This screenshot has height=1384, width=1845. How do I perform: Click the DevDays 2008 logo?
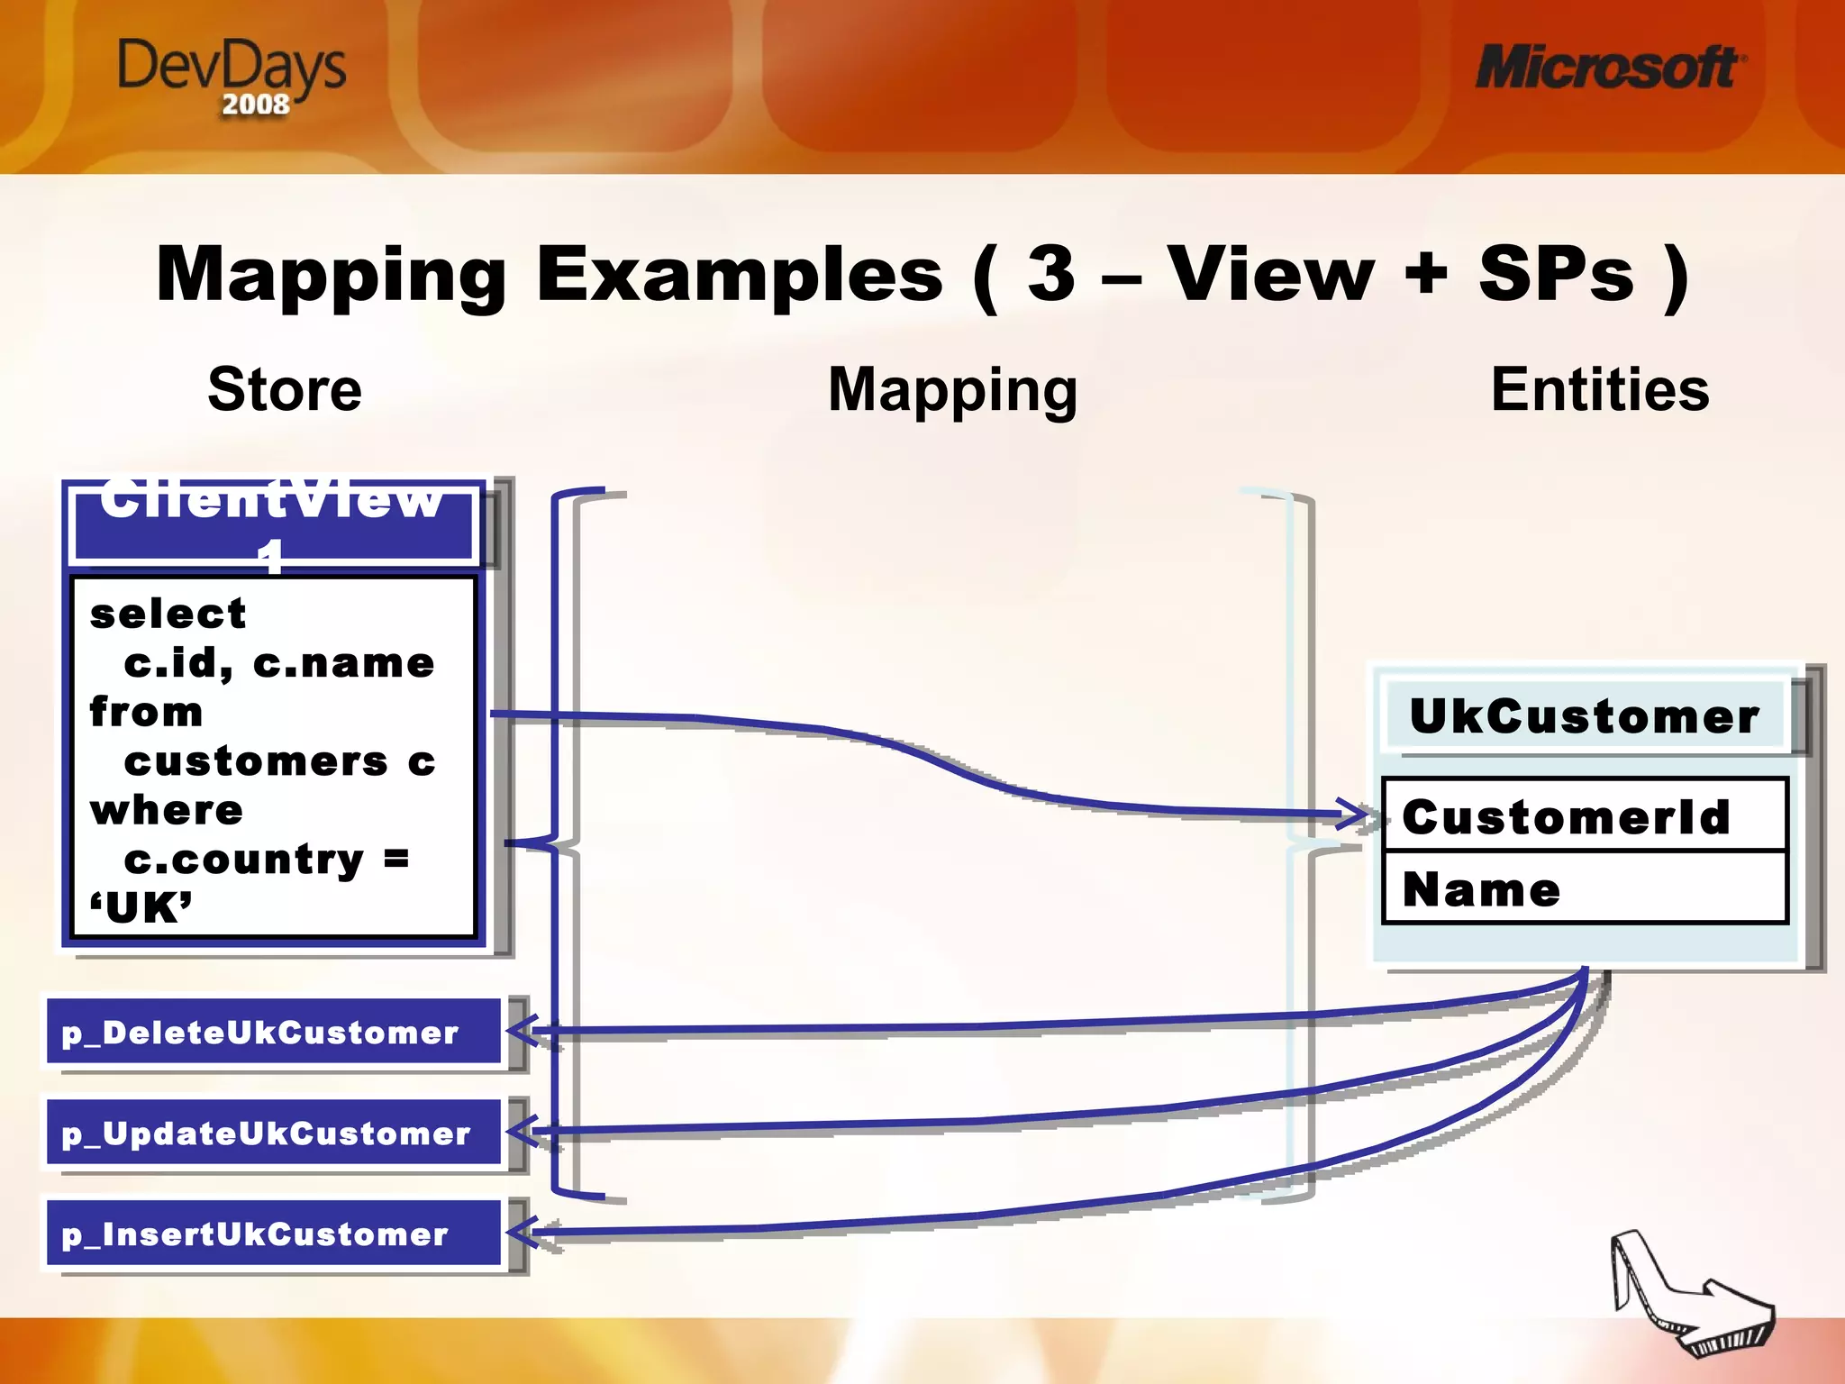coord(232,76)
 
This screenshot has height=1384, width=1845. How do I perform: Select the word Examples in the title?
coord(739,274)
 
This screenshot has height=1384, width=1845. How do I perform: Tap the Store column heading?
coord(285,389)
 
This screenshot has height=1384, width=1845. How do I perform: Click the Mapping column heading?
coord(952,389)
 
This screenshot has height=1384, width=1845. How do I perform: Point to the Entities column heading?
coord(1600,389)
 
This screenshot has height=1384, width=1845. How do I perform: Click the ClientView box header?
coord(272,523)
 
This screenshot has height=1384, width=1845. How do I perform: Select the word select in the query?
coord(168,615)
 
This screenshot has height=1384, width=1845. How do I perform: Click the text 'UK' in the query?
coord(141,908)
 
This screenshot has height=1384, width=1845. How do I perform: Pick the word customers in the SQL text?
coord(256,762)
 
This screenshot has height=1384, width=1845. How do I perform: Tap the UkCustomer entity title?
coord(1584,717)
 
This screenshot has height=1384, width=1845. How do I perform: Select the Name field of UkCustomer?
coord(1482,890)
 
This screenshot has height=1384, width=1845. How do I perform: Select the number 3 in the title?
coord(1052,274)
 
